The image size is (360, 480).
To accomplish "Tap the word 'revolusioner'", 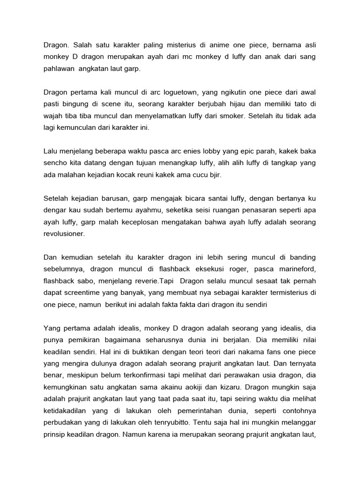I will (x=64, y=233).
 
